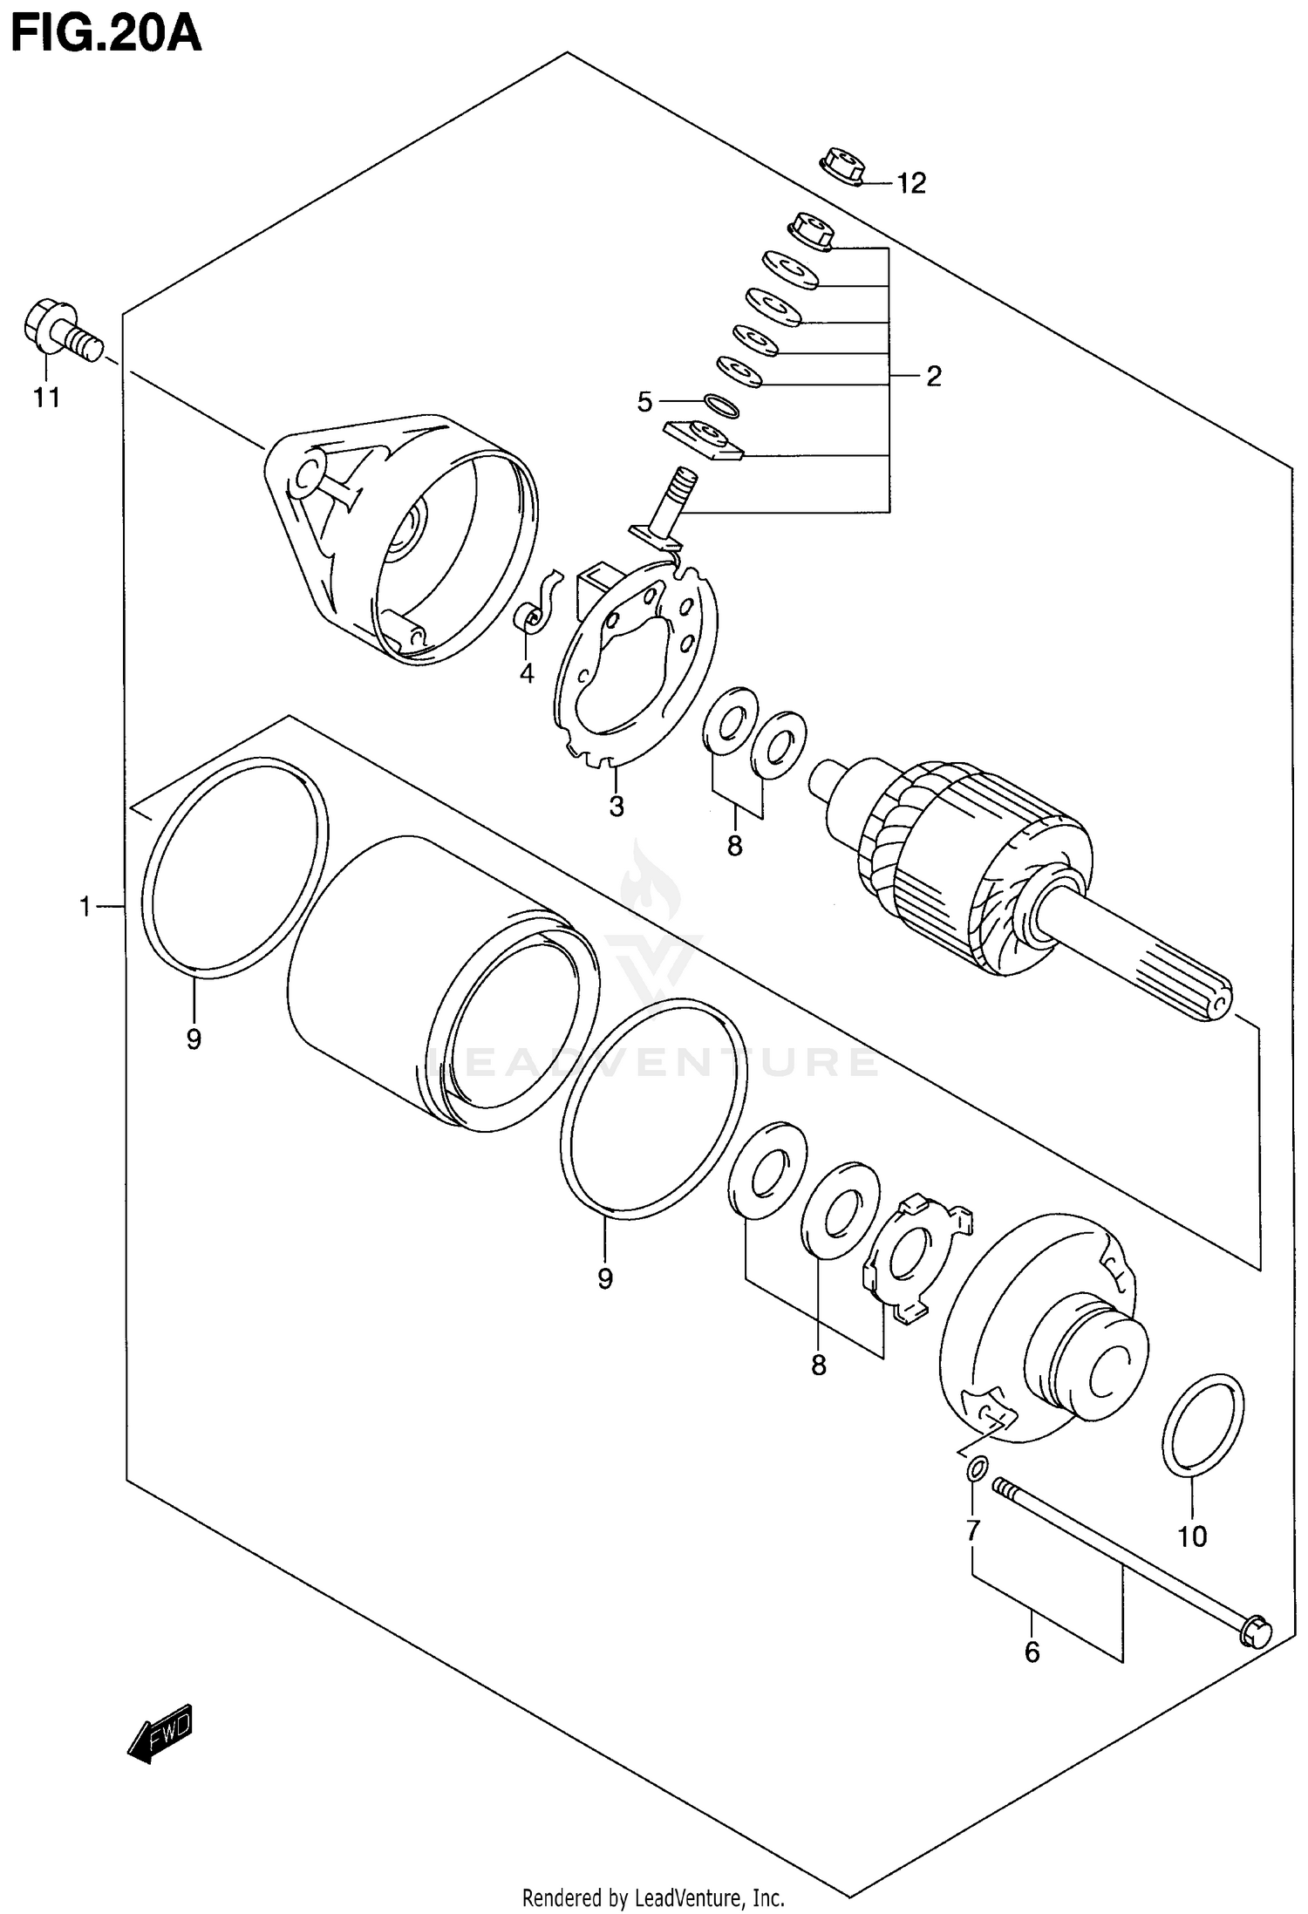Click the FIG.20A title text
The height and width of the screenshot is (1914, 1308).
click(105, 35)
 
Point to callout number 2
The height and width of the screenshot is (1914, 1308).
click(934, 377)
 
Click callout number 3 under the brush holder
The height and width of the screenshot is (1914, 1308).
click(617, 807)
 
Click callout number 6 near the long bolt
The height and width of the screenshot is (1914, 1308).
click(1032, 1652)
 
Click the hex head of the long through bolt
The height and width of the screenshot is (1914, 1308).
click(1254, 1632)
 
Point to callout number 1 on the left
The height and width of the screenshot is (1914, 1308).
click(85, 907)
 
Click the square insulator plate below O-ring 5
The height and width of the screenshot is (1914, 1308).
click(704, 439)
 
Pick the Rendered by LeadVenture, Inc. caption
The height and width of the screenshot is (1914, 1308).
click(653, 1897)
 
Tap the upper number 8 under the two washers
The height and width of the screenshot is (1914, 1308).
click(734, 844)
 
